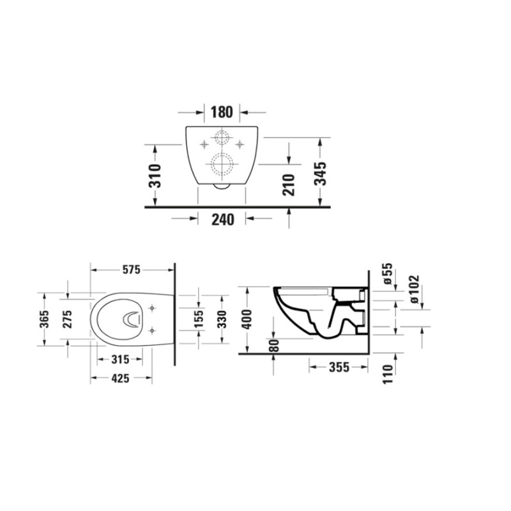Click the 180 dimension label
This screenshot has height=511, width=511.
coord(222,112)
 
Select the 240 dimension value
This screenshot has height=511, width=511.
coord(223,220)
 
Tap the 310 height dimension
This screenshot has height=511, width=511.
coord(155,176)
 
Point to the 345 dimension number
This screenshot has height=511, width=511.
coord(321,173)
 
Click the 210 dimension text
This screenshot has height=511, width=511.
coord(289,185)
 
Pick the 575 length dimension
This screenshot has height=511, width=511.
coord(132,270)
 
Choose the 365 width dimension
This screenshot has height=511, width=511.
coord(44,319)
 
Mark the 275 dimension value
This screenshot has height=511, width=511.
coord(67,319)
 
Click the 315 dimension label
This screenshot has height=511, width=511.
coord(120,360)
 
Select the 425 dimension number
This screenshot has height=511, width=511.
coord(120,378)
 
